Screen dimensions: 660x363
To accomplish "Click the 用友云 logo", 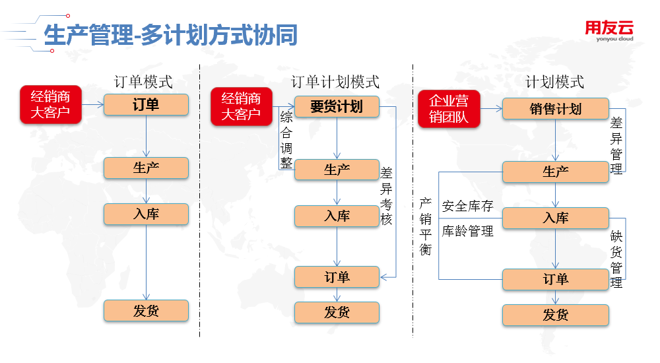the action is coord(609,31).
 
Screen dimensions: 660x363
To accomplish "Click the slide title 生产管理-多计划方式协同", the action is coord(170,34).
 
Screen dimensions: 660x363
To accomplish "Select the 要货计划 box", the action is coord(337,106).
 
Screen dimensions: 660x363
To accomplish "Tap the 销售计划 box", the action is coord(556,109).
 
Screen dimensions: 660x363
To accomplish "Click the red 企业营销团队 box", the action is coord(449,109).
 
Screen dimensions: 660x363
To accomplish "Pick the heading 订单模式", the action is coord(143,82).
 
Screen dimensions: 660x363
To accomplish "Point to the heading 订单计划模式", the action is coord(335,82).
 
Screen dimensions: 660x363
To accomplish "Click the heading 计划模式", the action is coord(555,82).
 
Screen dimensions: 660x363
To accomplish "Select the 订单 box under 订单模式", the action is coord(146,104).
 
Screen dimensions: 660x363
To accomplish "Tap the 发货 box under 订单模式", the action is coord(146,311).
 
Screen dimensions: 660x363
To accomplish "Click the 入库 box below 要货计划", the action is coord(337,216).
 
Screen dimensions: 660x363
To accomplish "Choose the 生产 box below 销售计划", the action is coord(556,172).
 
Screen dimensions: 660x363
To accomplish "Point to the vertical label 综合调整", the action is coord(286,140).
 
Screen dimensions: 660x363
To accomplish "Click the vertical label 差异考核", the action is coord(386,196).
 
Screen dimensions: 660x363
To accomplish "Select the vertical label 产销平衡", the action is coord(426,226).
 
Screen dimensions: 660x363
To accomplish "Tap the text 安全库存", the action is coord(468,206).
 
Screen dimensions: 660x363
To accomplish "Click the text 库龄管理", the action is coord(468,231).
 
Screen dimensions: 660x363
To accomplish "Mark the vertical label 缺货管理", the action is coord(616,259).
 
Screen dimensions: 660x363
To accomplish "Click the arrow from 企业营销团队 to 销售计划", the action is coord(491,109).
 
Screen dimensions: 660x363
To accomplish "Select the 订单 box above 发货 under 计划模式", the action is coord(556,279).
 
